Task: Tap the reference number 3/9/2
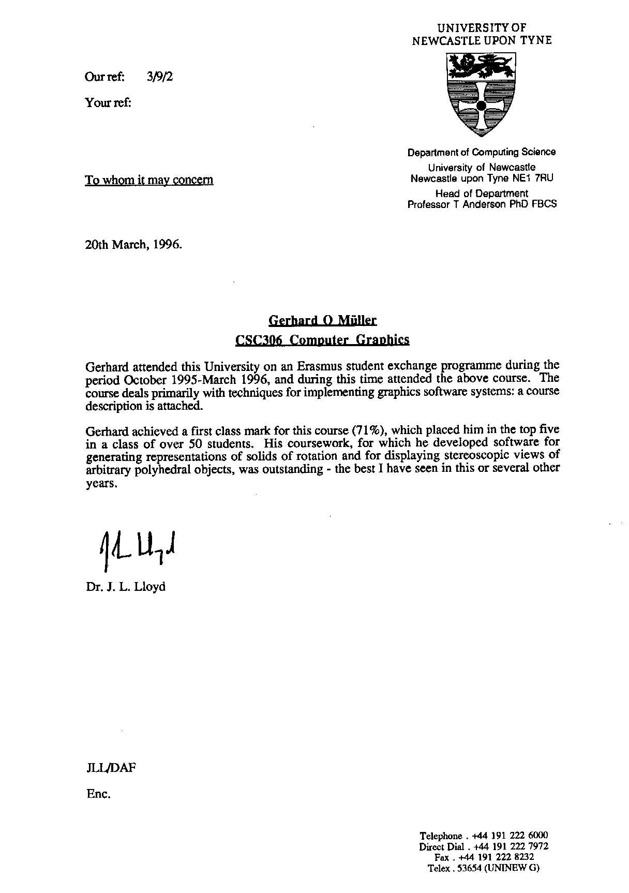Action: click(160, 77)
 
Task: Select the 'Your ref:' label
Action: click(108, 102)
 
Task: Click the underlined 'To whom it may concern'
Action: click(149, 180)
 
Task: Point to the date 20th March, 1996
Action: click(133, 244)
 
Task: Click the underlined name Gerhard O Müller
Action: click(323, 320)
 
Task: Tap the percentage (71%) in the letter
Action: click(369, 430)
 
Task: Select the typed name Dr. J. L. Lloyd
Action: click(126, 587)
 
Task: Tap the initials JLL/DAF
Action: click(111, 768)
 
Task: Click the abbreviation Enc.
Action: click(99, 794)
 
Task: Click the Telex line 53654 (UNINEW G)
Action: click(484, 868)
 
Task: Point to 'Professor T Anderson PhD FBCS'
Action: click(482, 204)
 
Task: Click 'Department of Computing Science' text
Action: click(482, 152)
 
